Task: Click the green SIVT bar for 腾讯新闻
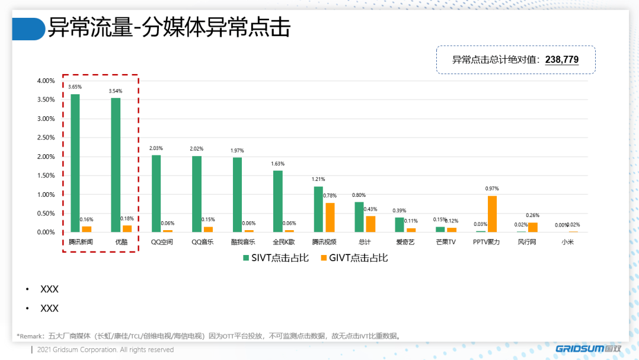click(x=75, y=163)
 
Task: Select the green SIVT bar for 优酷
click(x=116, y=165)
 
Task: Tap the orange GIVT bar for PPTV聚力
click(x=492, y=214)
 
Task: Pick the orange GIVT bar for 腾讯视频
click(x=330, y=218)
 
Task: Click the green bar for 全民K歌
click(x=278, y=202)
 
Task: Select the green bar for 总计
click(x=359, y=217)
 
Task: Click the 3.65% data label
click(x=75, y=87)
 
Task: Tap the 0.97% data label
click(x=492, y=189)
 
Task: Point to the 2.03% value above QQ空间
click(x=156, y=148)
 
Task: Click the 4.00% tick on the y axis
click(x=46, y=81)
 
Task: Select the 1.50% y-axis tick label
click(x=46, y=176)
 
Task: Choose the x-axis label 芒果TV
click(x=446, y=242)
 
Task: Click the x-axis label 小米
click(x=568, y=242)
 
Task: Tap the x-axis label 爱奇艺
click(x=405, y=242)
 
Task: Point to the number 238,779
click(x=561, y=59)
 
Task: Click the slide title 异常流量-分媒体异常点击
click(x=169, y=28)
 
